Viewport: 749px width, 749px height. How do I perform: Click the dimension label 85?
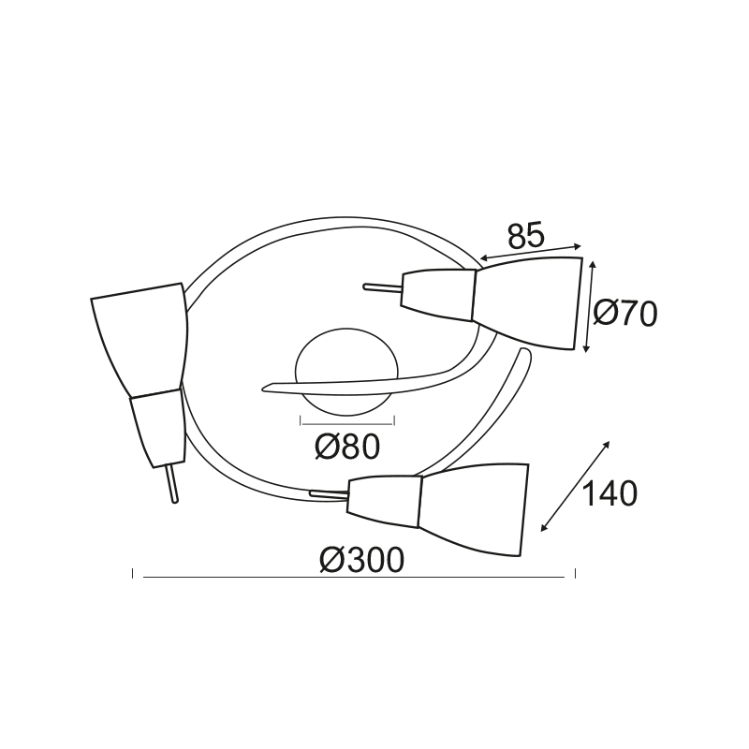pos(525,236)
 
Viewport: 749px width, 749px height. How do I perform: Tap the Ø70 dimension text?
pos(625,314)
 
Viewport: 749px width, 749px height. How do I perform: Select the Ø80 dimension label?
pos(347,447)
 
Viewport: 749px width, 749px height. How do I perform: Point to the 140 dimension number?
pos(610,493)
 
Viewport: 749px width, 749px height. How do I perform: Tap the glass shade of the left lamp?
pos(140,337)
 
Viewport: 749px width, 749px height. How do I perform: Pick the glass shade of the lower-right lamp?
pos(474,508)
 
